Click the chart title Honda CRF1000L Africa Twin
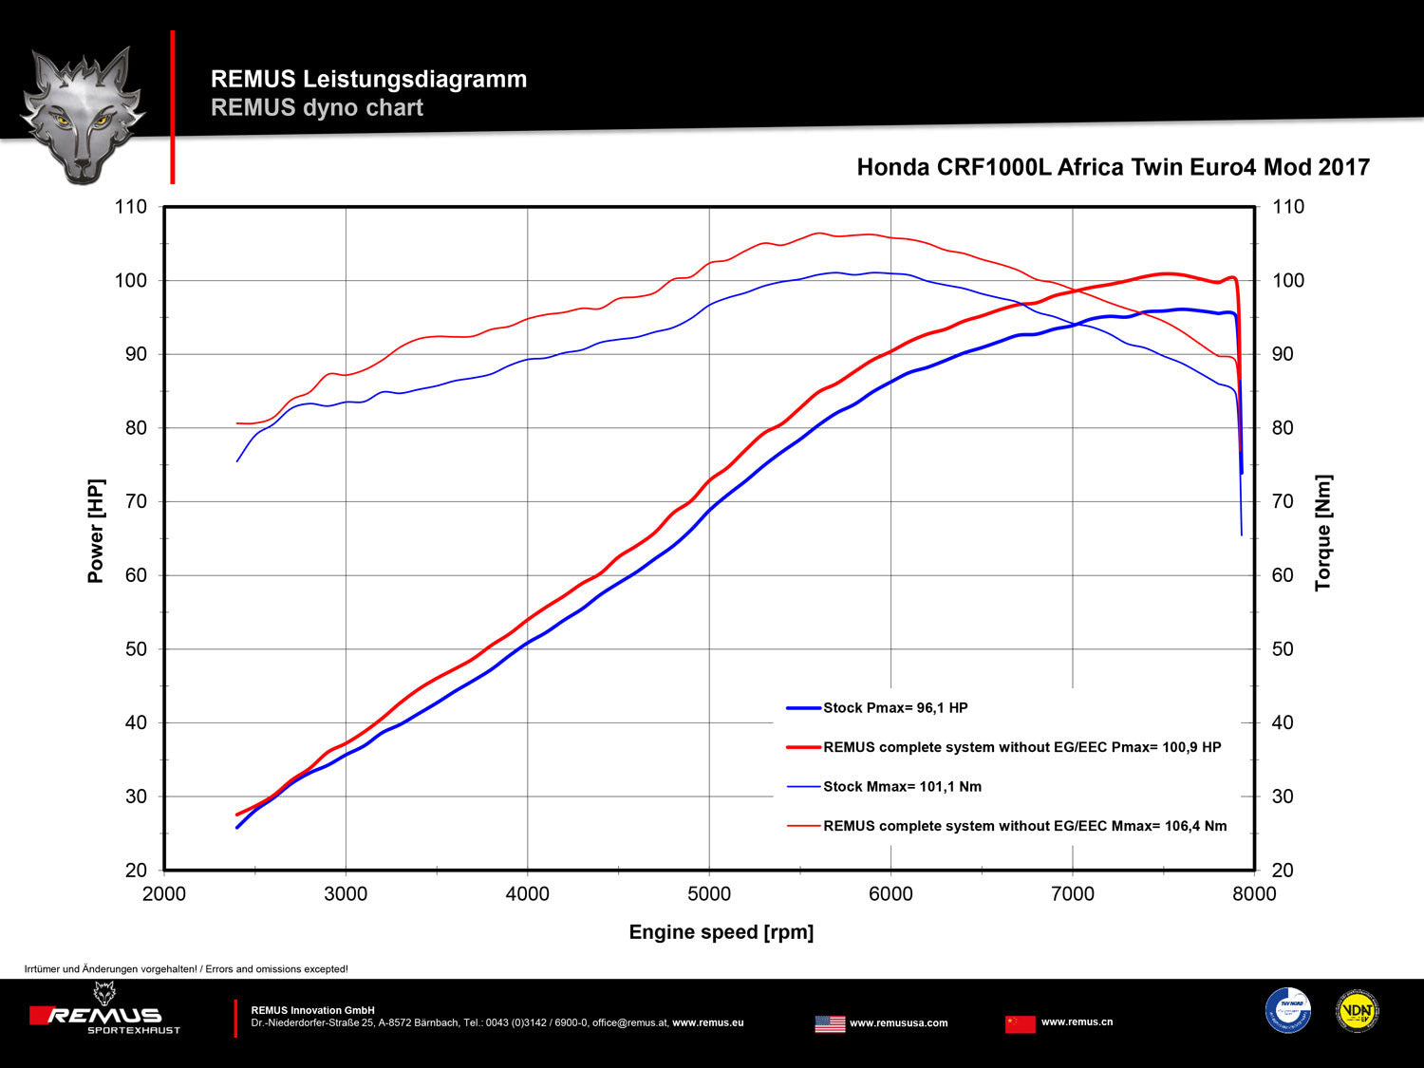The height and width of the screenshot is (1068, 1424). coord(1113,168)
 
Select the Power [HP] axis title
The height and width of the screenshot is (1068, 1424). coord(96,531)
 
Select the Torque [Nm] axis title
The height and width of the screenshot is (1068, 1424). coord(1323,534)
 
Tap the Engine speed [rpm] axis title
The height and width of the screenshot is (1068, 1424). coord(721,932)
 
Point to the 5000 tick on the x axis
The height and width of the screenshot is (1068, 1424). coord(709,894)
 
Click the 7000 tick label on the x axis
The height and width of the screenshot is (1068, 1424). coord(1073,894)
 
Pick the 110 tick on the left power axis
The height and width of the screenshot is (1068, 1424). coord(131,207)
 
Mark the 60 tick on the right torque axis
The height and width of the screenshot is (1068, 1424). coord(1283,575)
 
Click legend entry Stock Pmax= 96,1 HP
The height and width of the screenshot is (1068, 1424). coord(894,708)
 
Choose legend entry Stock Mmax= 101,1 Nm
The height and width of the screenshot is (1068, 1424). coord(902,787)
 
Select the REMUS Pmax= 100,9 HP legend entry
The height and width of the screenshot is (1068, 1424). coord(1021,747)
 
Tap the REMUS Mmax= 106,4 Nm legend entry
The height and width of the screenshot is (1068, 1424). coord(1024,826)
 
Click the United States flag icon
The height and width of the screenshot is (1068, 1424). coord(830,1023)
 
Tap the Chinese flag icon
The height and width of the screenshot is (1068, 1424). coord(1020,1023)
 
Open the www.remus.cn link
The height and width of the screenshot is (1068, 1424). coord(1077,1022)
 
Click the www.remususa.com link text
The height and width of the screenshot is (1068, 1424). coord(898,1023)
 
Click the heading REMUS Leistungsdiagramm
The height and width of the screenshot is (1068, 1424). coord(368,80)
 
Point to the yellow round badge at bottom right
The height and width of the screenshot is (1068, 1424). coord(1358,1011)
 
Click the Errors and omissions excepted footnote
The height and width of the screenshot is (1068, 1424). coord(186,969)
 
